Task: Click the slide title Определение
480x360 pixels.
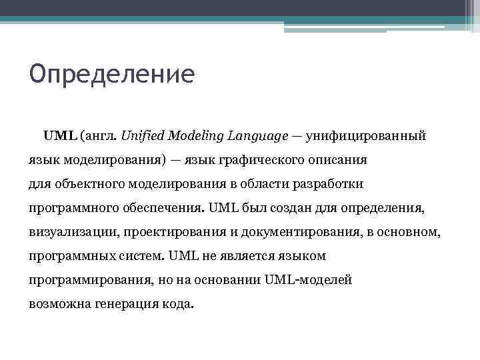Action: click(x=111, y=73)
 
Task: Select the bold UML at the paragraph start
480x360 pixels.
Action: click(x=60, y=136)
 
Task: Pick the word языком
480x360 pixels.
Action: click(x=302, y=255)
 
